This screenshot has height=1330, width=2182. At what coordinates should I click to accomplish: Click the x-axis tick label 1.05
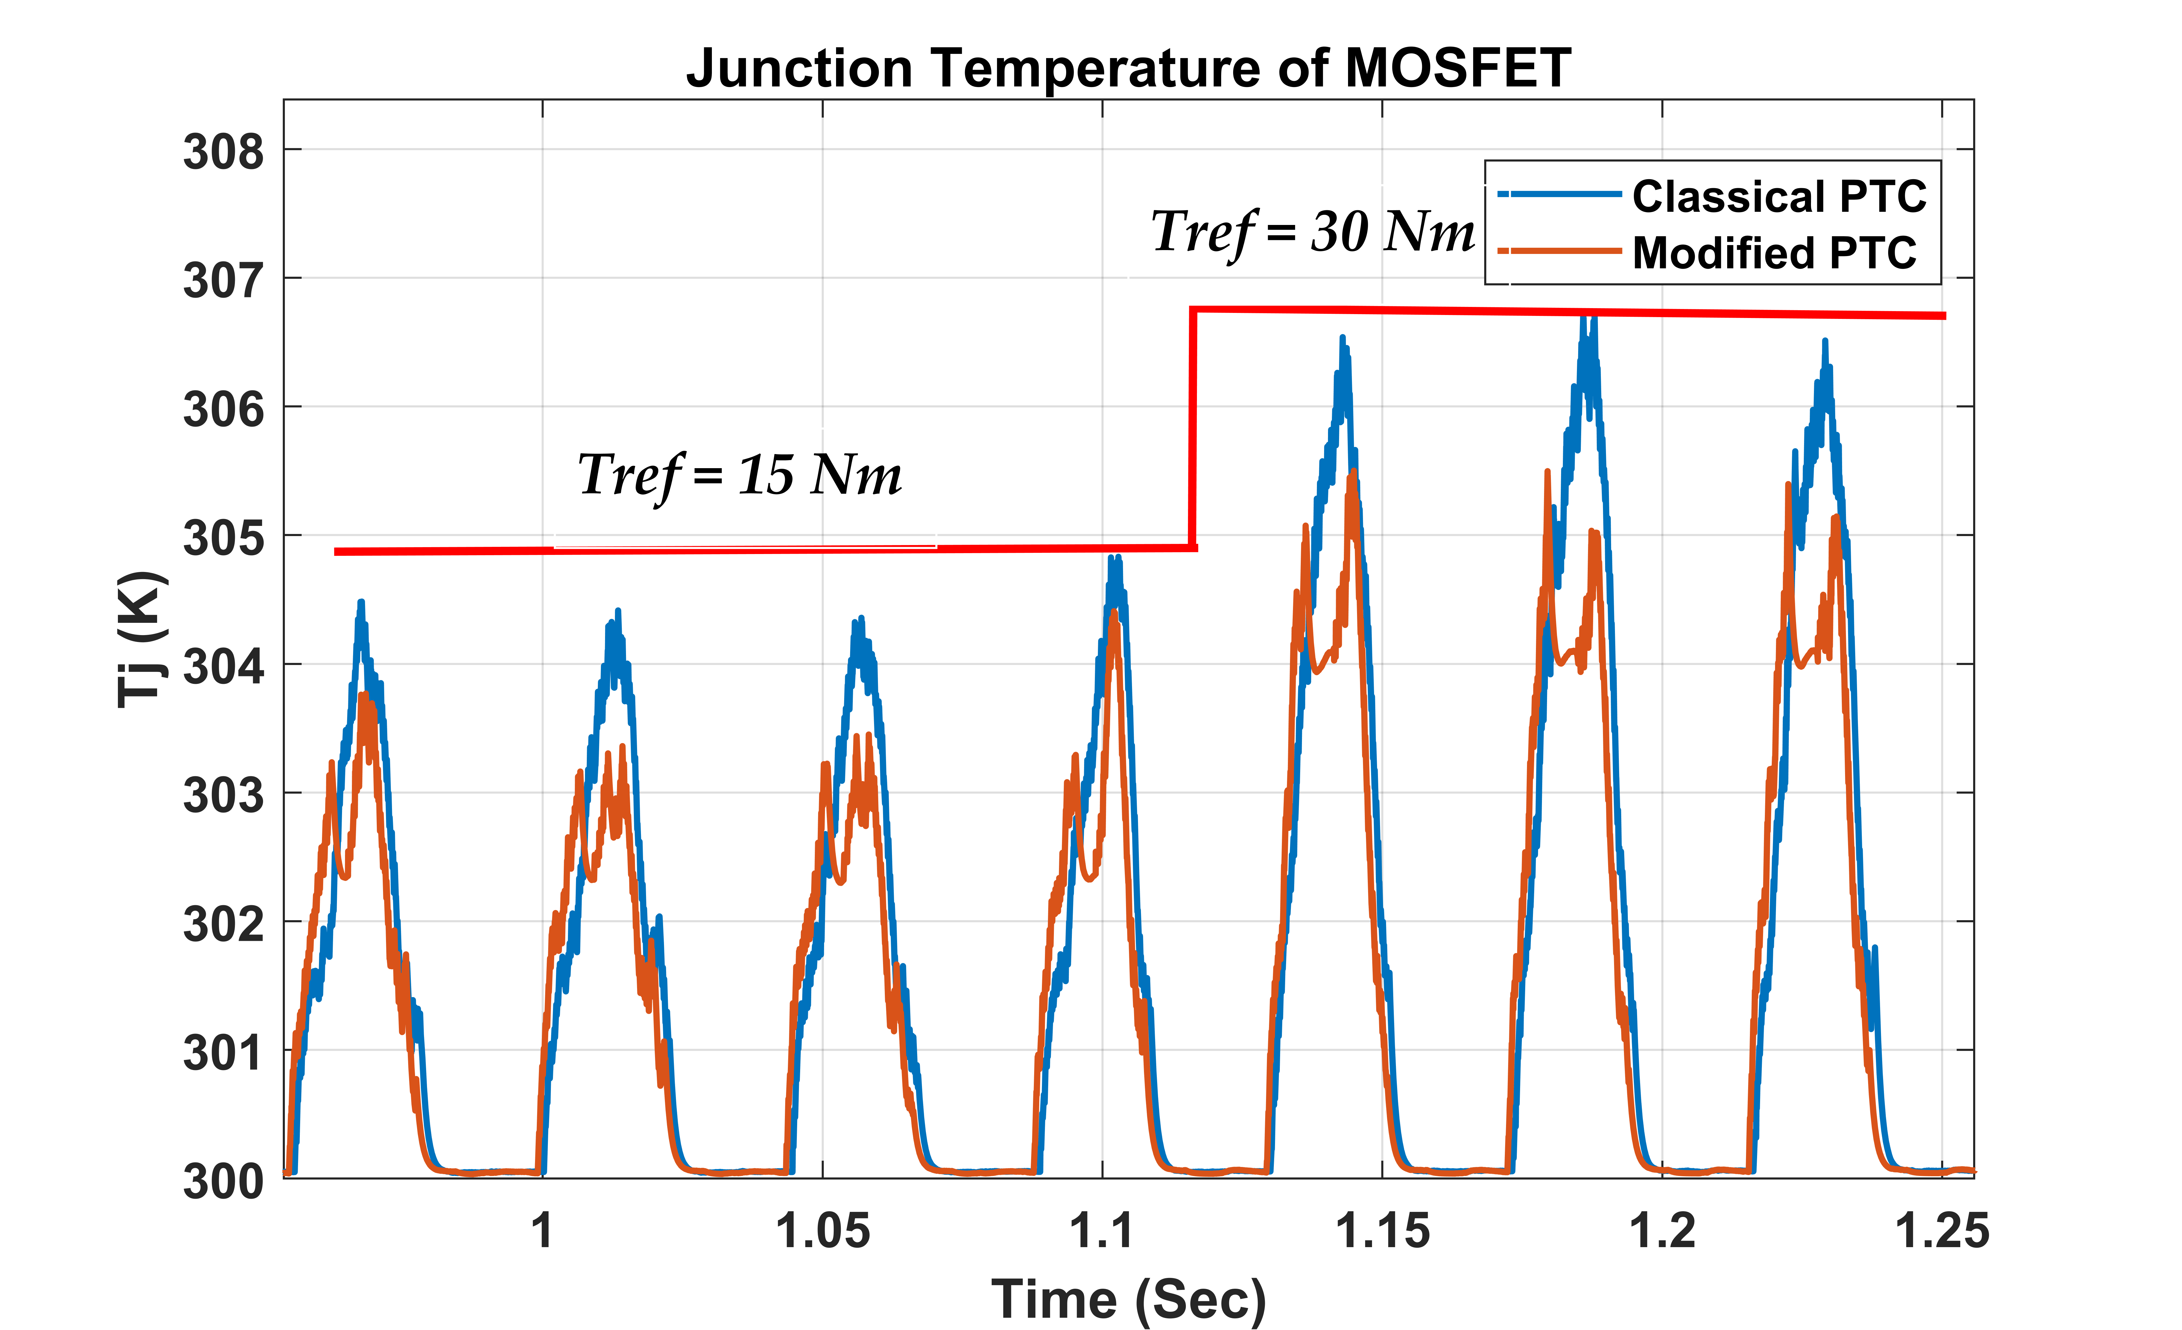click(823, 1231)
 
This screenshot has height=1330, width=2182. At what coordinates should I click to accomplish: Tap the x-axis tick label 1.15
click(1382, 1231)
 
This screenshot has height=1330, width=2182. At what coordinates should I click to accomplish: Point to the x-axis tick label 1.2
click(1662, 1231)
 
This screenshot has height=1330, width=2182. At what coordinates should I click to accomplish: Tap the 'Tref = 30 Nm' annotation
click(1312, 232)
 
